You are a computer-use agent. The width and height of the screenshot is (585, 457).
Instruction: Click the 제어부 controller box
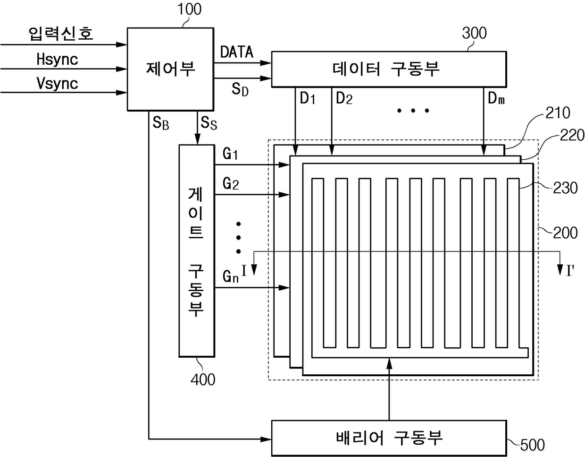click(x=170, y=69)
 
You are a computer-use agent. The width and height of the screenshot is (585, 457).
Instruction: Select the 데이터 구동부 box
click(x=389, y=69)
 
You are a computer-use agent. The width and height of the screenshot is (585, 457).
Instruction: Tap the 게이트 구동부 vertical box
click(x=196, y=250)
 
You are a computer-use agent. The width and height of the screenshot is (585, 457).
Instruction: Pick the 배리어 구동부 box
click(x=389, y=438)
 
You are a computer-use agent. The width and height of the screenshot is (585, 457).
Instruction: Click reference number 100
click(x=189, y=9)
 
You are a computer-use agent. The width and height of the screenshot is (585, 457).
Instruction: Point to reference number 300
click(x=474, y=33)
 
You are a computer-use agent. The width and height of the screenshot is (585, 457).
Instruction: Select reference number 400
click(x=203, y=379)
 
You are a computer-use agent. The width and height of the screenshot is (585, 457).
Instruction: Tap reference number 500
click(x=532, y=445)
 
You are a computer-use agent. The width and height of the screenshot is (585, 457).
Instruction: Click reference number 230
click(x=565, y=188)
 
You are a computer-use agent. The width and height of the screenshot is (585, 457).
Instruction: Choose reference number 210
click(x=558, y=113)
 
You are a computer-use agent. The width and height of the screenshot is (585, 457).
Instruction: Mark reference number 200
click(x=565, y=233)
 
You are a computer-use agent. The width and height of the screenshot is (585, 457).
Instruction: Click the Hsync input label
click(x=57, y=60)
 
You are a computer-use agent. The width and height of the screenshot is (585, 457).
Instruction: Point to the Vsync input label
click(x=57, y=84)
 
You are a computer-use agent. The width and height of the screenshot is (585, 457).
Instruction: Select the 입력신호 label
click(x=61, y=34)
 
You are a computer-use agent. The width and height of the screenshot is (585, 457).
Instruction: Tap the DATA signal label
click(x=237, y=52)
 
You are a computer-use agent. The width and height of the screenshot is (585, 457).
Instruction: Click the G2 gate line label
click(x=231, y=183)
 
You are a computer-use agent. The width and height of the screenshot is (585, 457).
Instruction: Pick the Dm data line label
click(x=496, y=99)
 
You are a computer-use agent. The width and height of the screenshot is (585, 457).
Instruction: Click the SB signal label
click(x=161, y=123)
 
